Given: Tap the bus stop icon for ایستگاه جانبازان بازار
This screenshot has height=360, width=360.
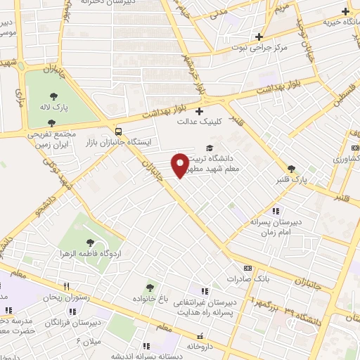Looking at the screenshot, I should click(117, 131).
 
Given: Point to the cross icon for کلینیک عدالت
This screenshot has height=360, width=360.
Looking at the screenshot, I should click(199, 111).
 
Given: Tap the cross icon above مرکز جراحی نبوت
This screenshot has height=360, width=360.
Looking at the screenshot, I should click(259, 37).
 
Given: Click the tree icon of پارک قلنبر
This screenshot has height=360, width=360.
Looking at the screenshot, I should click(292, 169).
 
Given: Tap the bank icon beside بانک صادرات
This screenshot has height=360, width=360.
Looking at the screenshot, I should click(247, 268).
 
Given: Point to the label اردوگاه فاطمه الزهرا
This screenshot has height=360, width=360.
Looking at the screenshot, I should click(91, 251).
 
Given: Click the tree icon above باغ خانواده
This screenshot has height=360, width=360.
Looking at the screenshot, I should click(148, 287).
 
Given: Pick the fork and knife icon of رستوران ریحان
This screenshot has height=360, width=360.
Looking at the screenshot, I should click(66, 287).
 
